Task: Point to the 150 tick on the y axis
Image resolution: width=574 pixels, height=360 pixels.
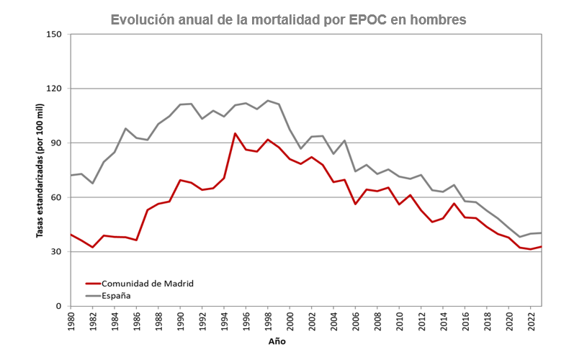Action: point(53,35)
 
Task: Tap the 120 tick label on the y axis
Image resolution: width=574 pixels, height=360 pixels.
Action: point(53,89)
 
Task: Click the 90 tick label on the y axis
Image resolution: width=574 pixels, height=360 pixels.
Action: point(55,143)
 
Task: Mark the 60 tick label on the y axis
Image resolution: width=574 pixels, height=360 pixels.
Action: point(55,197)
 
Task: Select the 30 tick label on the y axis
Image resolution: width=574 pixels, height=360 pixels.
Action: point(55,252)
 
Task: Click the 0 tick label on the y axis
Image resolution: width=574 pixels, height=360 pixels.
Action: point(58,306)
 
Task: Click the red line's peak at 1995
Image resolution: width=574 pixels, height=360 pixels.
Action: point(235,133)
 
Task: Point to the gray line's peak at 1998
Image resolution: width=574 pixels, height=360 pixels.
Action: point(267,101)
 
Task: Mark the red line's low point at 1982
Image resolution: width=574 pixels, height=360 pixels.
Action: point(93,248)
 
